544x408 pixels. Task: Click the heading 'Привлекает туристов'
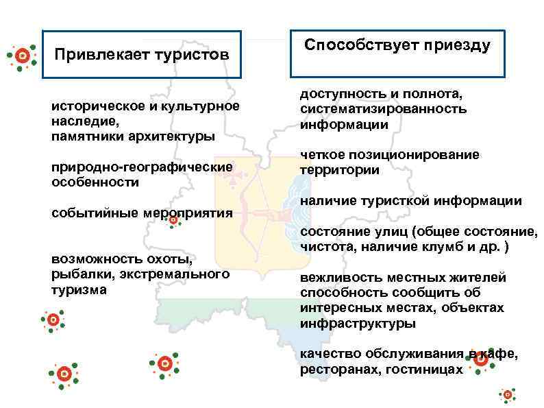tap(142, 53)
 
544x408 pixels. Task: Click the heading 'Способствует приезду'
tap(397, 46)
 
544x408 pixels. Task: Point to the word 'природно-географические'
tap(142, 167)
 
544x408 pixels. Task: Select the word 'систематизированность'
tap(383, 108)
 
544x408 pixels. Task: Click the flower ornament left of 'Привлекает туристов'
tap(22, 55)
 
